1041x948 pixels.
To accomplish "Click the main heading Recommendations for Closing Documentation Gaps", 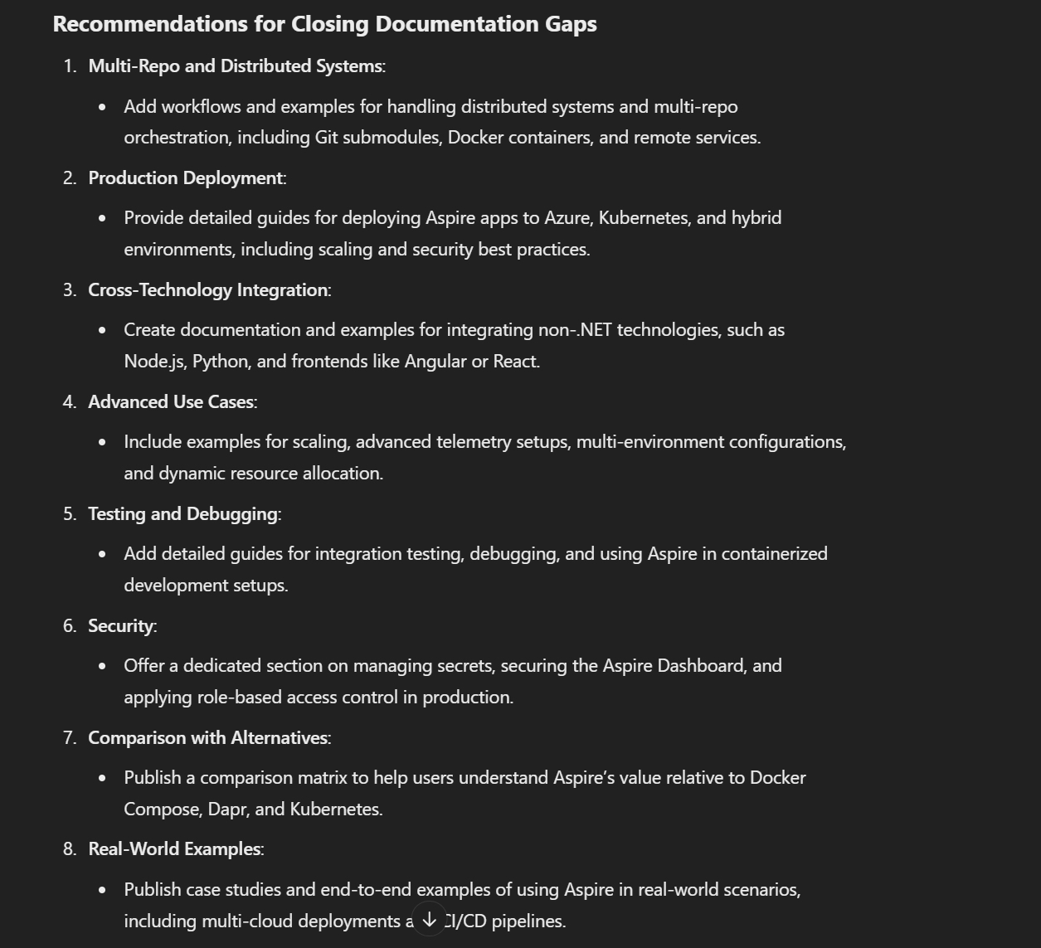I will coord(324,24).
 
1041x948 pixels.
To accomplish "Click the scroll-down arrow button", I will coord(429,919).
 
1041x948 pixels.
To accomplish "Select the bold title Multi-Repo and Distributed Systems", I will coord(236,66).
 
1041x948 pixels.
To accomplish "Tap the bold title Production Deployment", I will coord(186,178).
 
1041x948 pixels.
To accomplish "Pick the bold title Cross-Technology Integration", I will coord(208,290).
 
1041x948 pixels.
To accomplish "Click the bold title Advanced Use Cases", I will coord(171,402).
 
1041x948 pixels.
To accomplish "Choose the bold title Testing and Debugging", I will coord(182,514).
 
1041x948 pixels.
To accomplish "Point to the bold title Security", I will coord(121,626).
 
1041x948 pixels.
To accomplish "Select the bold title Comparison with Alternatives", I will coord(208,738).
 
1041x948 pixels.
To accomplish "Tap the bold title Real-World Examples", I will coord(174,849).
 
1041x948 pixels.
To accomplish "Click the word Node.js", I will coord(153,362).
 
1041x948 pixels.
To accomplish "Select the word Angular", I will coord(435,362).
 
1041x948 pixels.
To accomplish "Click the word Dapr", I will coord(226,809).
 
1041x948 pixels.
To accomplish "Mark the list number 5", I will coord(69,514).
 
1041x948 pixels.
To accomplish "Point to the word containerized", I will coord(774,554).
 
